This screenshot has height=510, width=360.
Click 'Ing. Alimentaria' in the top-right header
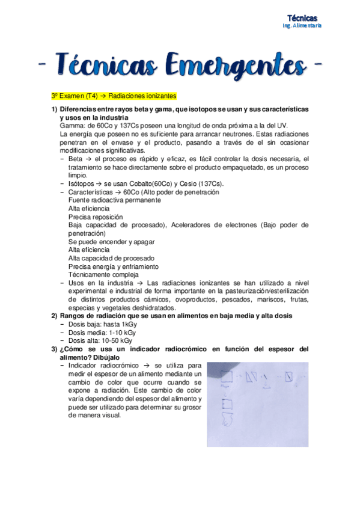pyautogui.click(x=302, y=26)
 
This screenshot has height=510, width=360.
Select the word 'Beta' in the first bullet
pyautogui.click(x=76, y=159)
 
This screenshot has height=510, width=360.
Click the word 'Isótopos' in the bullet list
pyautogui.click(x=82, y=183)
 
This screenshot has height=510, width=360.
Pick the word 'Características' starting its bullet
pyautogui.click(x=91, y=192)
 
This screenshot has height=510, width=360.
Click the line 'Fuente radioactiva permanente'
pyautogui.click(x=114, y=200)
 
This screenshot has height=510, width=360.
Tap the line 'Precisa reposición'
pyautogui.click(x=96, y=217)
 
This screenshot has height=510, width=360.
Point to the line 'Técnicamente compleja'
pyautogui.click(x=103, y=274)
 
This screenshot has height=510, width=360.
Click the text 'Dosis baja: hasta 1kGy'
pyautogui.click(x=103, y=324)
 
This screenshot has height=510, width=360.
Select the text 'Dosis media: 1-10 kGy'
pyautogui.click(x=103, y=332)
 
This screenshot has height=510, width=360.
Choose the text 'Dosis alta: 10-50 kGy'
pyautogui.click(x=100, y=340)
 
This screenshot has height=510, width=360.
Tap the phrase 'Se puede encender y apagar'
pyautogui.click(x=111, y=241)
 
